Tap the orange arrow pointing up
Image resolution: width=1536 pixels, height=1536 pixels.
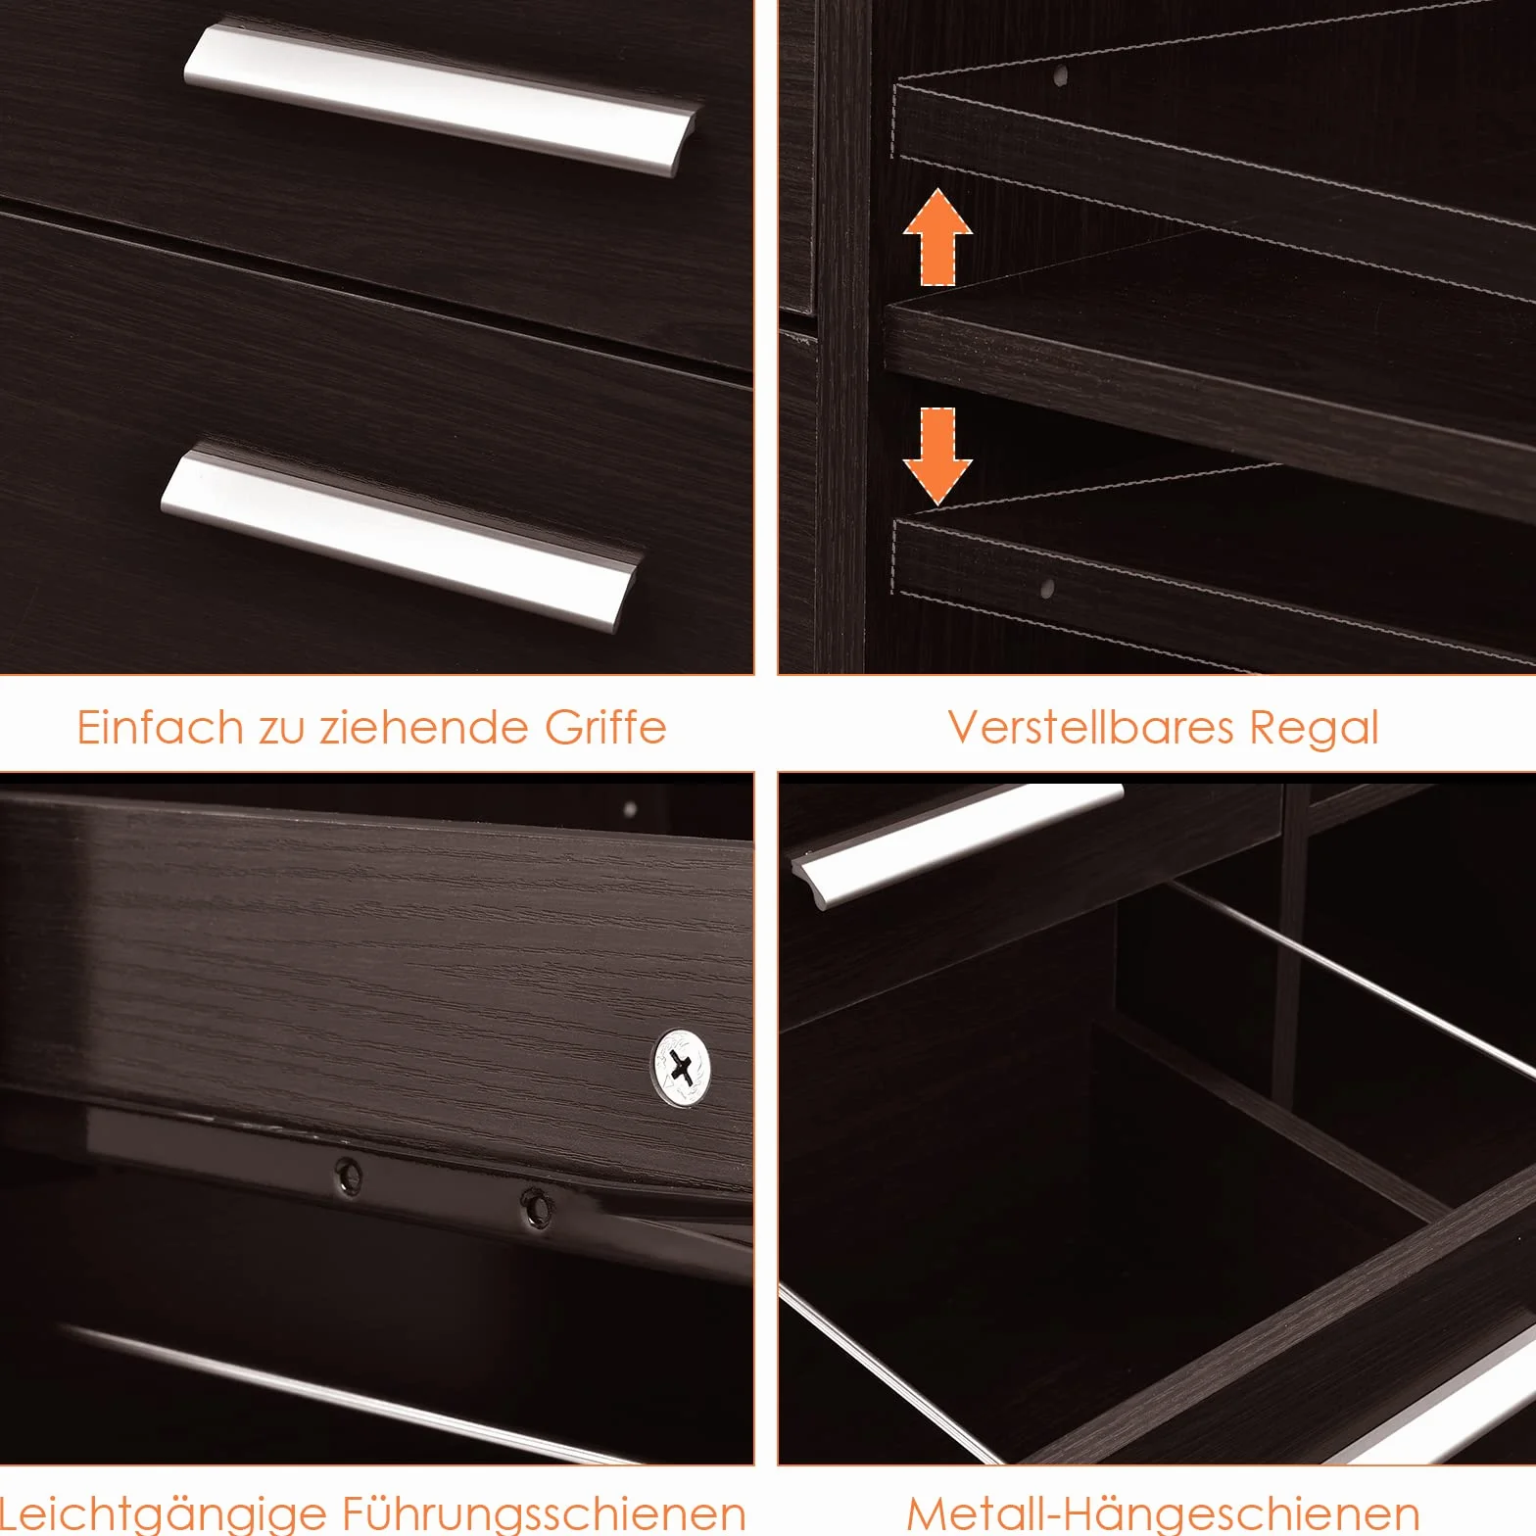937,236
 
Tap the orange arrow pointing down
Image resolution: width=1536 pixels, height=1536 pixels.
937,456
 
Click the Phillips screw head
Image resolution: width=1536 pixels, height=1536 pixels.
682,1067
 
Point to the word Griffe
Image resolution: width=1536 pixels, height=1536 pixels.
605,727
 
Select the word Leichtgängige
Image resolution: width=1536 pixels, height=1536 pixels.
165,1514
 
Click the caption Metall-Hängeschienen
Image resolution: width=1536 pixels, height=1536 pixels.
1163,1513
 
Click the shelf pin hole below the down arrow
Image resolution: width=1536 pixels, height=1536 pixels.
1047,589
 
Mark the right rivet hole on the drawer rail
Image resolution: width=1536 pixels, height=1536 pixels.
534,1207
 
